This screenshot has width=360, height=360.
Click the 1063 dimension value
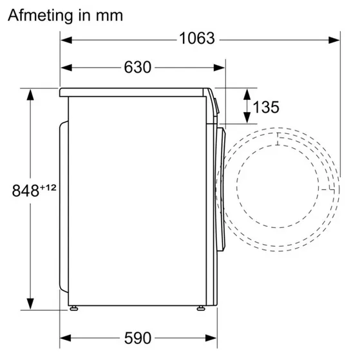[x=197, y=39]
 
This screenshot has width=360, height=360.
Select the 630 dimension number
[x=138, y=67]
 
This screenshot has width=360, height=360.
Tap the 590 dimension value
[x=138, y=338]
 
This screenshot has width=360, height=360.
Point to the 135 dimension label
[x=266, y=107]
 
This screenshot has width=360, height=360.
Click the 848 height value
[x=26, y=191]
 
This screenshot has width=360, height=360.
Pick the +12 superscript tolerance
[x=48, y=188]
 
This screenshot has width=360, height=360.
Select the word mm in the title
[x=109, y=17]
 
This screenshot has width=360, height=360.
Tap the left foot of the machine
[x=73, y=308]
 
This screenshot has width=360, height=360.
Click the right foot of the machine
[x=201, y=308]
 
